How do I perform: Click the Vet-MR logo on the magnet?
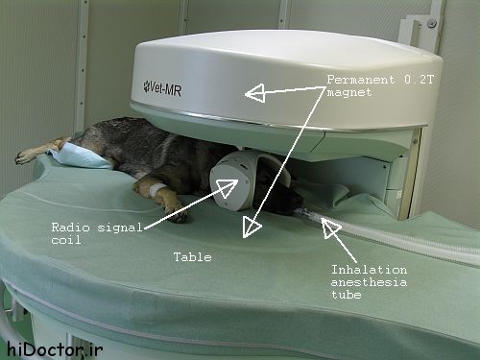(x=162, y=88)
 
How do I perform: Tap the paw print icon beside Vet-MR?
(x=146, y=85)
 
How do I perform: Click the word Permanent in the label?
(x=361, y=80)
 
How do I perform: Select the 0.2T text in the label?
(x=419, y=80)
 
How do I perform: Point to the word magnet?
(x=349, y=93)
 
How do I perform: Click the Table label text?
(x=193, y=257)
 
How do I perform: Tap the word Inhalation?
(x=369, y=270)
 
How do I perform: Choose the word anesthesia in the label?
(x=369, y=282)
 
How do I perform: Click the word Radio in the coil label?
(x=70, y=228)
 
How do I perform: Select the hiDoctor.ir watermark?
(x=55, y=348)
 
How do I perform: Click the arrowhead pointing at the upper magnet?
(x=255, y=93)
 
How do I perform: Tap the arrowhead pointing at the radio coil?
(x=228, y=188)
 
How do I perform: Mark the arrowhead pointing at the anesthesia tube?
(x=330, y=228)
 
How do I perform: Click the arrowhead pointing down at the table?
(x=252, y=227)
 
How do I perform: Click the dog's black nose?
(x=297, y=204)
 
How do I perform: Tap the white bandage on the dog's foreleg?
(x=157, y=189)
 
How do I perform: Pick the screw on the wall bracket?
(x=432, y=23)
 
